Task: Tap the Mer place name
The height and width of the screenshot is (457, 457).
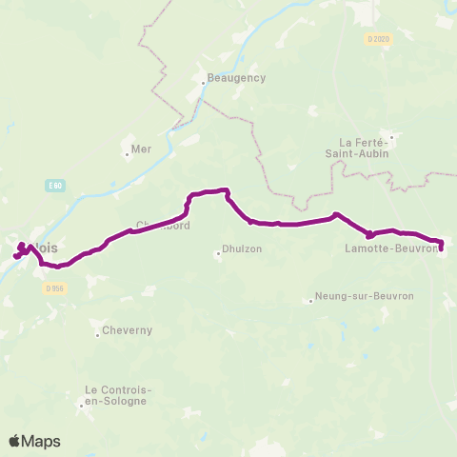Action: click(x=141, y=149)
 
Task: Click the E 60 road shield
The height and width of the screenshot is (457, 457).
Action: click(x=56, y=188)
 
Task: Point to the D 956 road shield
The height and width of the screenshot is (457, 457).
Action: click(x=54, y=288)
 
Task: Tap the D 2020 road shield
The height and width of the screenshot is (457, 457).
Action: click(x=377, y=39)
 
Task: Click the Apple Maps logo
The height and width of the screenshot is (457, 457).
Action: click(x=34, y=441)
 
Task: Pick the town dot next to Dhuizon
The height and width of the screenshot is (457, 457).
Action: click(x=217, y=252)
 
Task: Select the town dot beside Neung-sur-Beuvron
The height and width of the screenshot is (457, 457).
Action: click(x=311, y=301)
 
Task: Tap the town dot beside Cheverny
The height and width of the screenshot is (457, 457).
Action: click(x=97, y=334)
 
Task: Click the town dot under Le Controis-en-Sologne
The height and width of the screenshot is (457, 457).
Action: click(x=82, y=404)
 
